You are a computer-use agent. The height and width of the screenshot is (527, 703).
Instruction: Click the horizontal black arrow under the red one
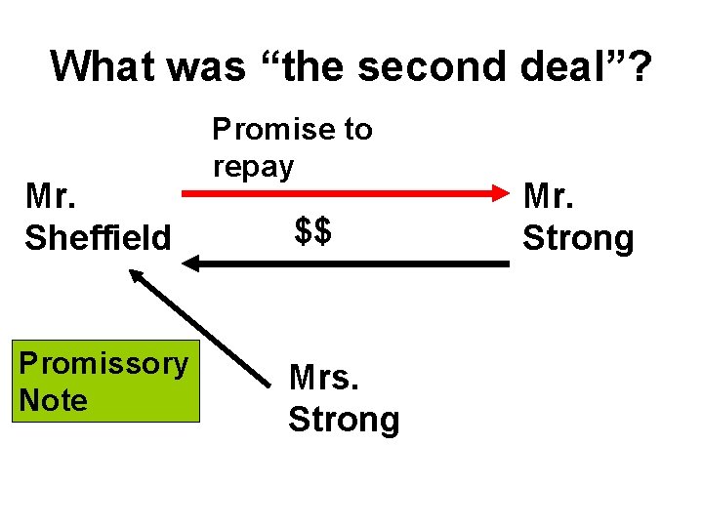point(351,263)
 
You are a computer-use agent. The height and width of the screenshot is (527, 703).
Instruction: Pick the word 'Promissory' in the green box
point(104,363)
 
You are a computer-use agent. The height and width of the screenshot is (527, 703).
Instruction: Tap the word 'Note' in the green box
point(53,400)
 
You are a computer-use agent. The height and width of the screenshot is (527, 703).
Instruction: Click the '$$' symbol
point(313,232)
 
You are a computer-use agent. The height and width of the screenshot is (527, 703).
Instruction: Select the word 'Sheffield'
point(98,237)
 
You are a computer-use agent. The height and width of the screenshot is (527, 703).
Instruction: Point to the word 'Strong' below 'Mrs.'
point(344,420)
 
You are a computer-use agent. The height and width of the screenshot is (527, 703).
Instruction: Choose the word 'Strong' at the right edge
point(578,237)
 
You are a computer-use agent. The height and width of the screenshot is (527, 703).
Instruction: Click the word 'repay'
point(253,167)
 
